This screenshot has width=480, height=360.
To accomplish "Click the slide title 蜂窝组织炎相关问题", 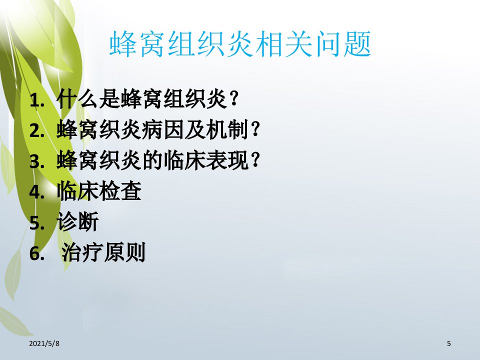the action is pos(240,44).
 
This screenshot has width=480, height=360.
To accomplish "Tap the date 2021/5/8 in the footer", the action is pos(44,343).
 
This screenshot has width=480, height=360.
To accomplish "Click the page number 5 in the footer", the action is pos(449,343).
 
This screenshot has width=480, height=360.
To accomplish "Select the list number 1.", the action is pos(36,100).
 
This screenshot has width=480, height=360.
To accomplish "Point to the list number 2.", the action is pos(36,130).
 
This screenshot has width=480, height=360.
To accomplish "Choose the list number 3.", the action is pos(36,161).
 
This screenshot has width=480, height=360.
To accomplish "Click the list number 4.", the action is pos(36,192).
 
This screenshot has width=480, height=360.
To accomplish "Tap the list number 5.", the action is pos(36,222).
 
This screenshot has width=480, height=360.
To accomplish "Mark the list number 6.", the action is pos(36,253).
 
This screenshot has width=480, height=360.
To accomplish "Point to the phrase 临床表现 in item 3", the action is pos(205,160).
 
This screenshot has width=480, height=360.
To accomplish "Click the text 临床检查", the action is pos(99,191).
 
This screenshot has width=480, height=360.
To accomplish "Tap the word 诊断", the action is pos(78,221).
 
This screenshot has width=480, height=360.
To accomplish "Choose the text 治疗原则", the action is pos(103,252).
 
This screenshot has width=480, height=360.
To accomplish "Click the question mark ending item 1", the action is pos(234,99).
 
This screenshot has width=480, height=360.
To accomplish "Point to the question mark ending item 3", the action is pos(255,160).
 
